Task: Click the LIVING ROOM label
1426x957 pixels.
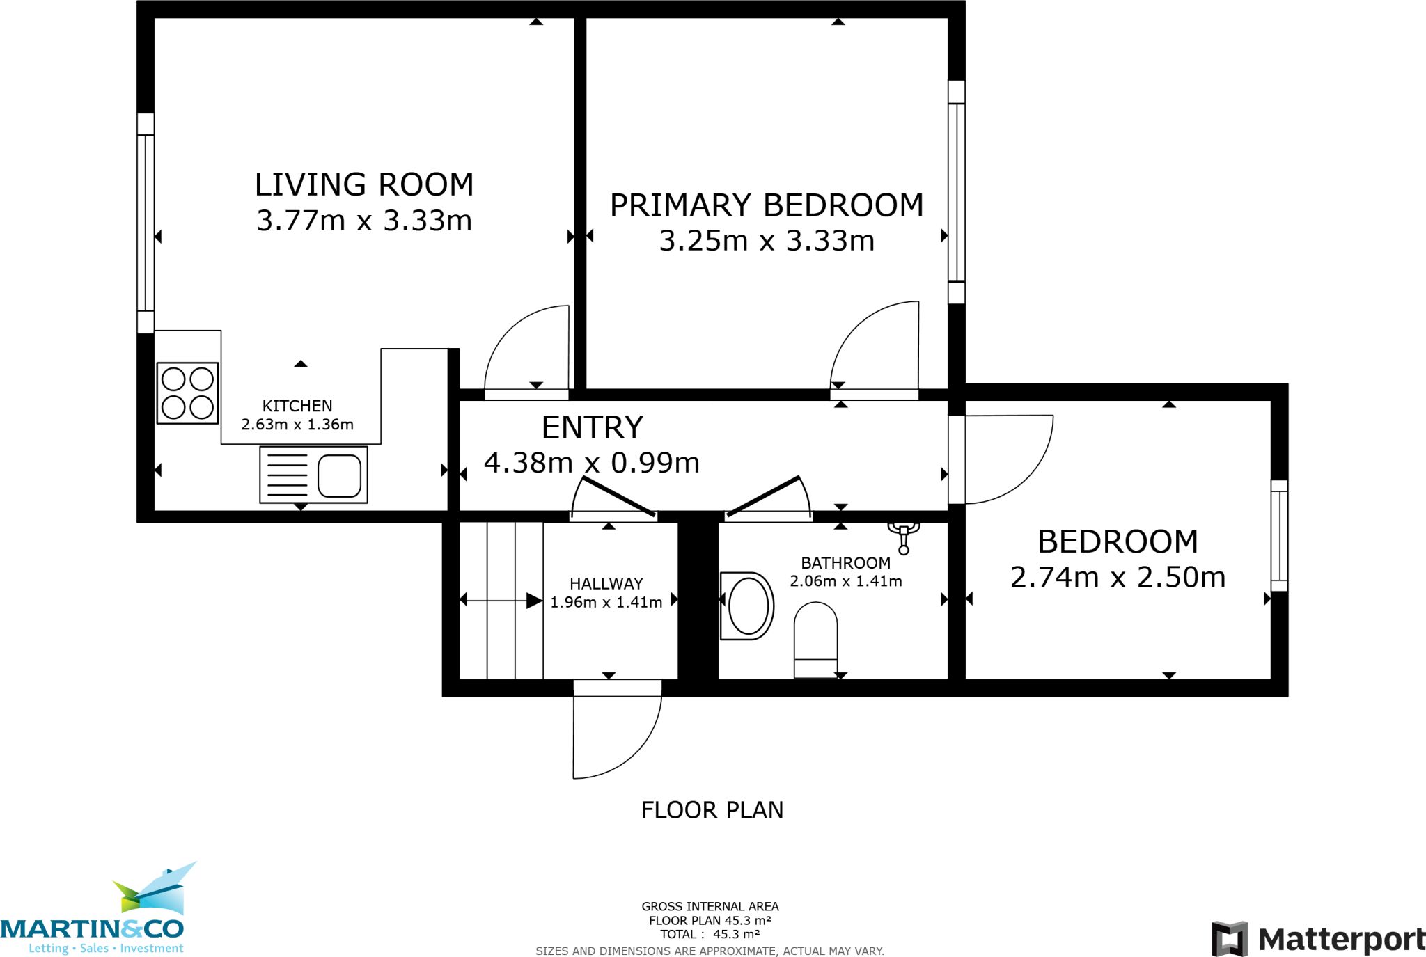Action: tap(364, 185)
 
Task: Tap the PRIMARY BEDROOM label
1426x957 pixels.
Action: tap(767, 205)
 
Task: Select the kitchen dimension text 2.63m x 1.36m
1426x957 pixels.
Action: tap(297, 425)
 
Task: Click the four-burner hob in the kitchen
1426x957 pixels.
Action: tap(187, 393)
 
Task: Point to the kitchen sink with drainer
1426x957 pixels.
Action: tap(313, 475)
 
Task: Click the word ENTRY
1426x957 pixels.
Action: tap(593, 427)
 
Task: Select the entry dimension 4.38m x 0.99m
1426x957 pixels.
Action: tap(592, 463)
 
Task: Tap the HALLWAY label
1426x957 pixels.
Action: tap(606, 584)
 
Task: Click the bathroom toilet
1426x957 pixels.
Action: tap(815, 640)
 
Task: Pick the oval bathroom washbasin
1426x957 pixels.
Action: tap(747, 606)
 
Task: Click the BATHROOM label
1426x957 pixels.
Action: tap(846, 563)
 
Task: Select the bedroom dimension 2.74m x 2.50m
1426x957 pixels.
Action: tap(1118, 577)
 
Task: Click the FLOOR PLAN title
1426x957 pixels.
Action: tap(712, 810)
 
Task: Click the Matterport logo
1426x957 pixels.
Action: tap(1318, 939)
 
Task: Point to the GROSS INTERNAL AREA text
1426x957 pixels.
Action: tap(710, 906)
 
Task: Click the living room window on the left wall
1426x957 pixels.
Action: tap(146, 223)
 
